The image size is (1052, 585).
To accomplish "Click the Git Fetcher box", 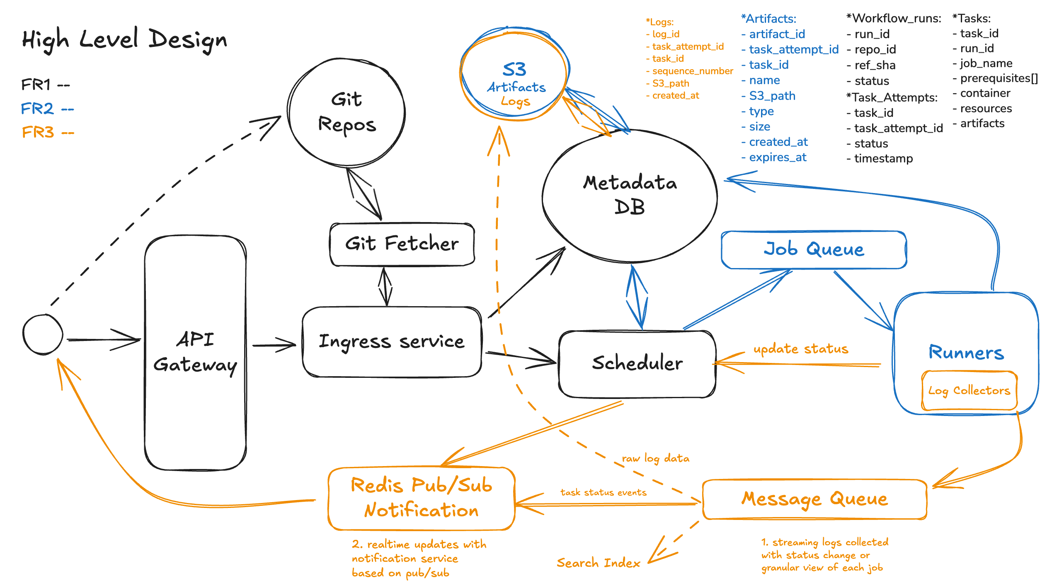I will pyautogui.click(x=402, y=244).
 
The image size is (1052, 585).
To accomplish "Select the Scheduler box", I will pyautogui.click(x=637, y=363).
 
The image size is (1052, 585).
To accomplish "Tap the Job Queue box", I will pyautogui.click(x=814, y=249).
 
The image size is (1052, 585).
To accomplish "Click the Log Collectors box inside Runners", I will pyautogui.click(x=969, y=391).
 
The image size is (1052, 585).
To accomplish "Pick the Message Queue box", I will pyautogui.click(x=814, y=499).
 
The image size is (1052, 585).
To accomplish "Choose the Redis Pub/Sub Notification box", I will pyautogui.click(x=421, y=498).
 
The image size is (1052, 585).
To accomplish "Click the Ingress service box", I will pyautogui.click(x=392, y=342).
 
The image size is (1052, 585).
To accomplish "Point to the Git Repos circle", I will pyautogui.click(x=347, y=113).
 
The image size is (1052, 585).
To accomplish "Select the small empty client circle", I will pyautogui.click(x=43, y=334).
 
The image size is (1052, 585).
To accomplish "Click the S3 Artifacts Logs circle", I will pyautogui.click(x=514, y=75).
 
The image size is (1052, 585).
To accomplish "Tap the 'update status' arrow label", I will pyautogui.click(x=801, y=349).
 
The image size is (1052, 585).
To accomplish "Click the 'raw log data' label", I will pyautogui.click(x=656, y=458).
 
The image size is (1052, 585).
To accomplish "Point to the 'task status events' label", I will pyautogui.click(x=603, y=492).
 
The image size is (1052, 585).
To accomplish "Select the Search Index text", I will pyautogui.click(x=598, y=563).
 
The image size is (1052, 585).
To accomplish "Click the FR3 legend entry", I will pyautogui.click(x=47, y=133).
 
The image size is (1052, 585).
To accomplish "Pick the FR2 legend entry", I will pyautogui.click(x=47, y=109).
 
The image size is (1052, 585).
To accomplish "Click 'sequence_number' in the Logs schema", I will pyautogui.click(x=692, y=71).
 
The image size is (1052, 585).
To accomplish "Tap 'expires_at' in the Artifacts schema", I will pyautogui.click(x=777, y=157).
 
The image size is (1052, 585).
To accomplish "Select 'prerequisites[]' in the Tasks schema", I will pyautogui.click(x=999, y=78).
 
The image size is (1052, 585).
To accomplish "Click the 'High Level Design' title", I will pyautogui.click(x=124, y=40).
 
